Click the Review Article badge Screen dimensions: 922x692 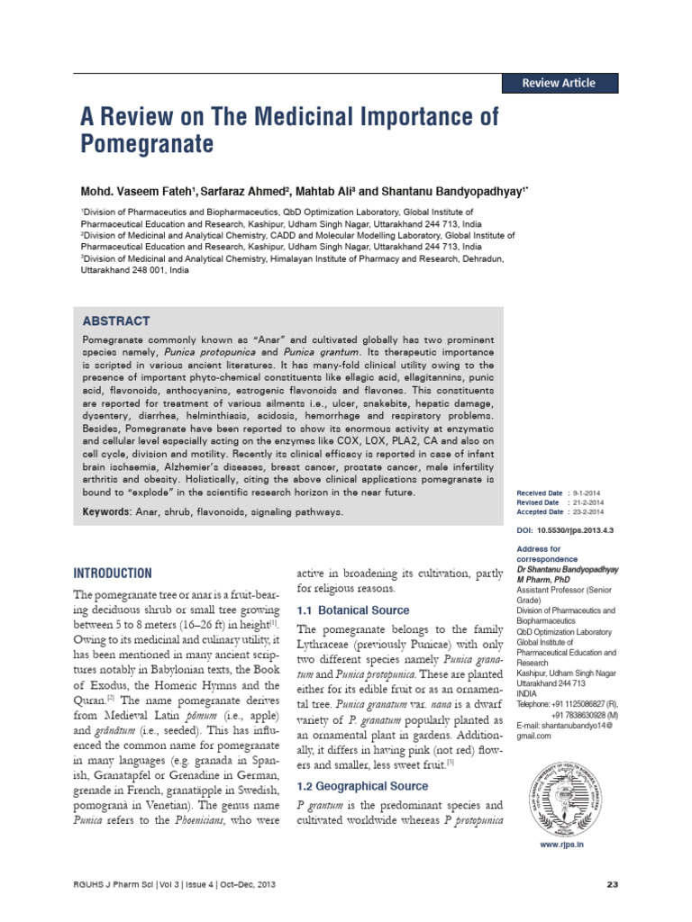point(560,83)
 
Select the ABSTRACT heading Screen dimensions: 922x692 point(116,321)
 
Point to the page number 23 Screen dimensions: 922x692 point(613,885)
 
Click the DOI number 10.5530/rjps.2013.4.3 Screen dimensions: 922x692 point(577,531)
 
